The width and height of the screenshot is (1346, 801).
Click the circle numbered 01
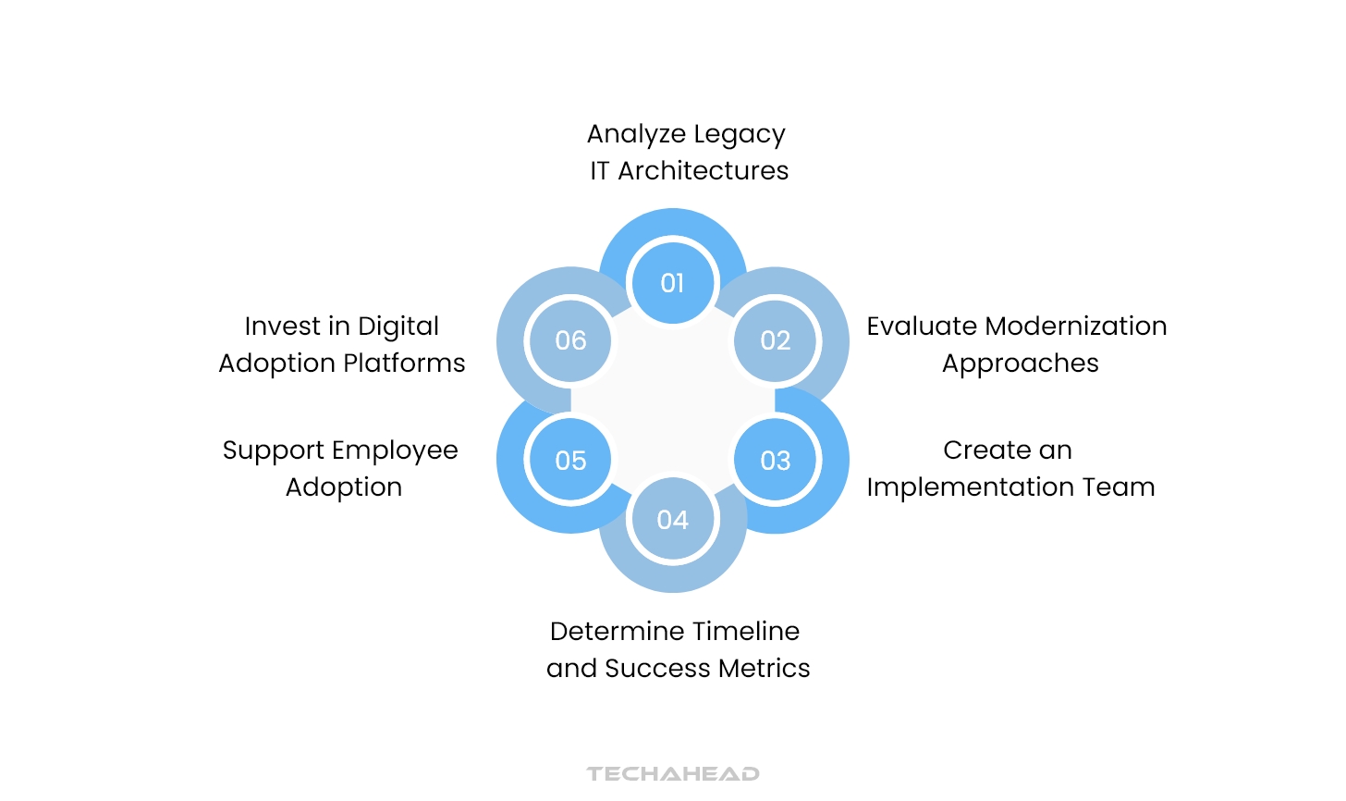tap(673, 282)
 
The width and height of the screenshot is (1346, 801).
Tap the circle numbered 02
tap(776, 340)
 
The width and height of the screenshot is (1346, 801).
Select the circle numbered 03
tap(776, 460)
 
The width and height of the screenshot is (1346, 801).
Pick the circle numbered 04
tap(673, 520)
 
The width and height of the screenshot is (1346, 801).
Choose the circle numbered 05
tap(570, 460)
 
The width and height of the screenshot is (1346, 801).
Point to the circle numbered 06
tap(570, 340)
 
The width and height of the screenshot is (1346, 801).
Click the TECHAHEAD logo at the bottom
tap(673, 773)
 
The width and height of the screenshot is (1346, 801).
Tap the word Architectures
tap(703, 171)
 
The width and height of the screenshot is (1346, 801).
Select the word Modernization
tap(1076, 327)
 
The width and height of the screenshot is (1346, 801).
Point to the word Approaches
tap(1021, 364)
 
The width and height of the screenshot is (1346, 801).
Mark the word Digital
tap(398, 327)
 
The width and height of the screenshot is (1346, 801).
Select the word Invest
tap(282, 327)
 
